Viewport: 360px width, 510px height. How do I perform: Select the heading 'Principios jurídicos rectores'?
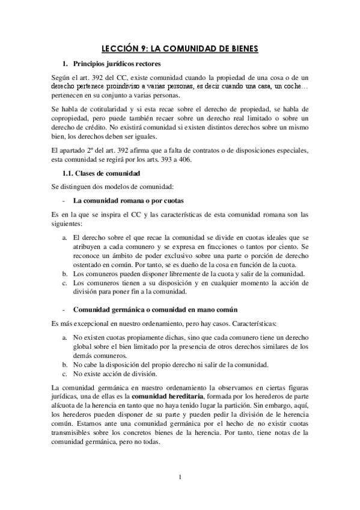click(x=116, y=64)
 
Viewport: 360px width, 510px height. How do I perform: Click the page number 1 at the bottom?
click(x=180, y=478)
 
